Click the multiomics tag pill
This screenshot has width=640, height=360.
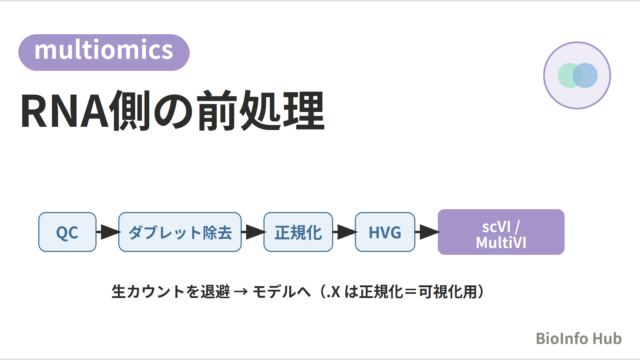click(104, 52)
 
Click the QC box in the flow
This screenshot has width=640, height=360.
click(67, 232)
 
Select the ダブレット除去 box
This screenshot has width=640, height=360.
click(180, 232)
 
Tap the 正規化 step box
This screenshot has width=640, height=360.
click(298, 232)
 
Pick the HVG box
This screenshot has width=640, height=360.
click(385, 232)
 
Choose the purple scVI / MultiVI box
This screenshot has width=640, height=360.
click(501, 232)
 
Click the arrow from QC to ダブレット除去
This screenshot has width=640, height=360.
click(108, 232)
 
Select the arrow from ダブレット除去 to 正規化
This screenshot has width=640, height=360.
click(253, 232)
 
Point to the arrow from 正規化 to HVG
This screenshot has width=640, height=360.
click(344, 232)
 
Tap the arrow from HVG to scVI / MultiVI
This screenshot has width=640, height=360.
click(427, 232)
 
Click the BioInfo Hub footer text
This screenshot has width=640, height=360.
click(578, 338)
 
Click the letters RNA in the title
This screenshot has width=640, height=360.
click(64, 111)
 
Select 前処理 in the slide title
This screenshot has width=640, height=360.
click(261, 111)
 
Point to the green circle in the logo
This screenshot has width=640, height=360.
click(570, 76)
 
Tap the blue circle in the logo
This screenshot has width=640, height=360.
click(585, 76)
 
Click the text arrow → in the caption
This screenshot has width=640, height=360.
click(241, 292)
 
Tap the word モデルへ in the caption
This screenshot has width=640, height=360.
click(282, 292)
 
